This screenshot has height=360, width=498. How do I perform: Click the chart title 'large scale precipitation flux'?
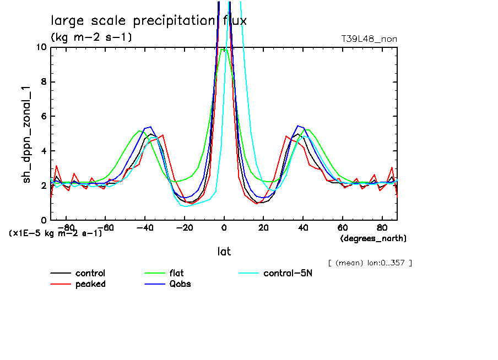tap(149, 21)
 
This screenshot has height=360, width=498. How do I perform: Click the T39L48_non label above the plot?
tap(369, 39)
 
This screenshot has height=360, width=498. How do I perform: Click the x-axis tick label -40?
tap(145, 227)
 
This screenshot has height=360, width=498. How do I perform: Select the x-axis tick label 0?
tap(224, 227)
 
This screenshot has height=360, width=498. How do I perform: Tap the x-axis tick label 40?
tap(302, 227)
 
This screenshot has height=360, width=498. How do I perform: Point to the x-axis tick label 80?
tap(381, 227)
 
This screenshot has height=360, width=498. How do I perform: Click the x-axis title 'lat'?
tap(224, 252)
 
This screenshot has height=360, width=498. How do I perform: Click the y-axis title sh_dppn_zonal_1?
tap(26, 133)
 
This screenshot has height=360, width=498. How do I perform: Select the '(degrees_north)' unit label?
tap(373, 238)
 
